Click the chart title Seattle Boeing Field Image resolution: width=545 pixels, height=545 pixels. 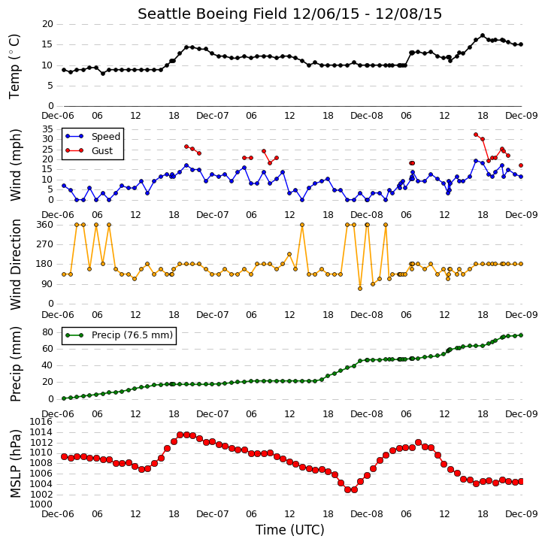point(213,14)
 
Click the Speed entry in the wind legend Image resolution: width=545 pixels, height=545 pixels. point(92,137)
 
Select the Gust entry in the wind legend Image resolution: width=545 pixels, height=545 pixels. point(89,151)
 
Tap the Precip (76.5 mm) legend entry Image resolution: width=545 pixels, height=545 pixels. point(119,335)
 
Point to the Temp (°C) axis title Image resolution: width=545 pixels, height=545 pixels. point(14,66)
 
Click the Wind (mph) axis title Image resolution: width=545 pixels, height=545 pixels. point(15,165)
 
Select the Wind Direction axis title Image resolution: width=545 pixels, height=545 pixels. point(15,265)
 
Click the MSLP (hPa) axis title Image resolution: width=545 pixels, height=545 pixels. point(15,463)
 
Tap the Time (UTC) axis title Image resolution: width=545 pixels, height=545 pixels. point(290,530)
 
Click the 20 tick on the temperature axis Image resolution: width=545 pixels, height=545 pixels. point(47,24)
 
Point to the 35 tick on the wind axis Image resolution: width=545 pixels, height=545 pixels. point(47,129)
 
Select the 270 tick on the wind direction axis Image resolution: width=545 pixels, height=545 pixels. point(45,244)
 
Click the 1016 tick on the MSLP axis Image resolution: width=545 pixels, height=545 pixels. point(41,422)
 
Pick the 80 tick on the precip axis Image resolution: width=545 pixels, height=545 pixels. point(47,332)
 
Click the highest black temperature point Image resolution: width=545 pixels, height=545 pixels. point(483,35)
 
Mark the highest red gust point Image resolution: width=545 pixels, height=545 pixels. point(476,135)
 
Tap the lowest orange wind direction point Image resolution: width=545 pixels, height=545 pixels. point(360,289)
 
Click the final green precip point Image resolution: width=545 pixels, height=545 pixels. point(521,335)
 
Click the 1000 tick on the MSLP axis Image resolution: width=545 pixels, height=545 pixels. point(41,504)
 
